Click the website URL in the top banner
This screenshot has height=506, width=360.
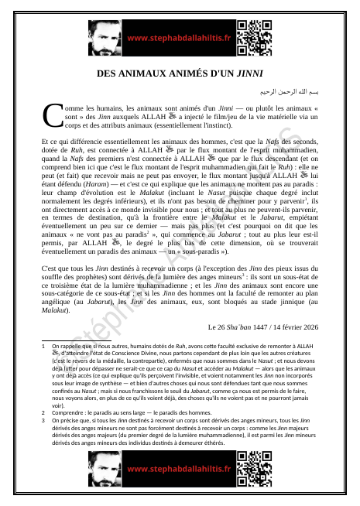coord(179,37)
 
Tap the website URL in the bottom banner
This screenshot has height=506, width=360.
coord(179,470)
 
